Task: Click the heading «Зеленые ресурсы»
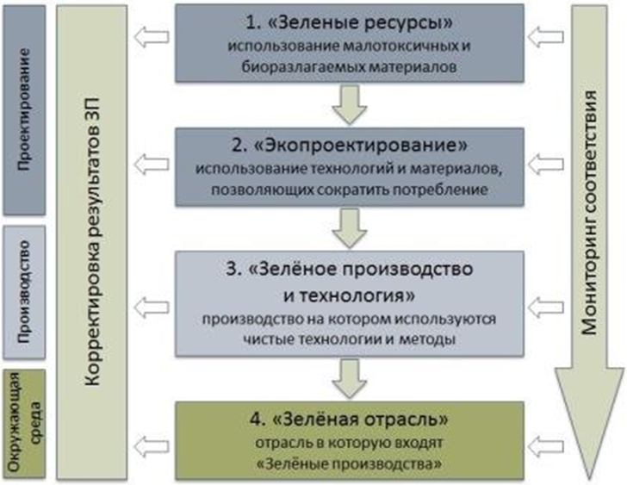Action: [349, 22]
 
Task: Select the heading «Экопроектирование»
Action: [349, 146]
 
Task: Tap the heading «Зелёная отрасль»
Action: [349, 420]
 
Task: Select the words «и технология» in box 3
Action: [349, 295]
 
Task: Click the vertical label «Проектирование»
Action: [24, 110]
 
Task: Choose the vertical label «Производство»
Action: [24, 292]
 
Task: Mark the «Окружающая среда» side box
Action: [24, 423]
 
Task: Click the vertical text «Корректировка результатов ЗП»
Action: [92, 242]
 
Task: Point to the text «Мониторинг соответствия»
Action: [588, 213]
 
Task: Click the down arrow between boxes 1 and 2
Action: [350, 105]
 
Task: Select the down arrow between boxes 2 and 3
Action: [350, 228]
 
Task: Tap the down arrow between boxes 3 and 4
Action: [350, 378]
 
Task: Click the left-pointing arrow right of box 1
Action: [545, 37]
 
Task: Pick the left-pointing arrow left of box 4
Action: [152, 446]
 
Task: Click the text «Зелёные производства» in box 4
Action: [349, 463]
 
